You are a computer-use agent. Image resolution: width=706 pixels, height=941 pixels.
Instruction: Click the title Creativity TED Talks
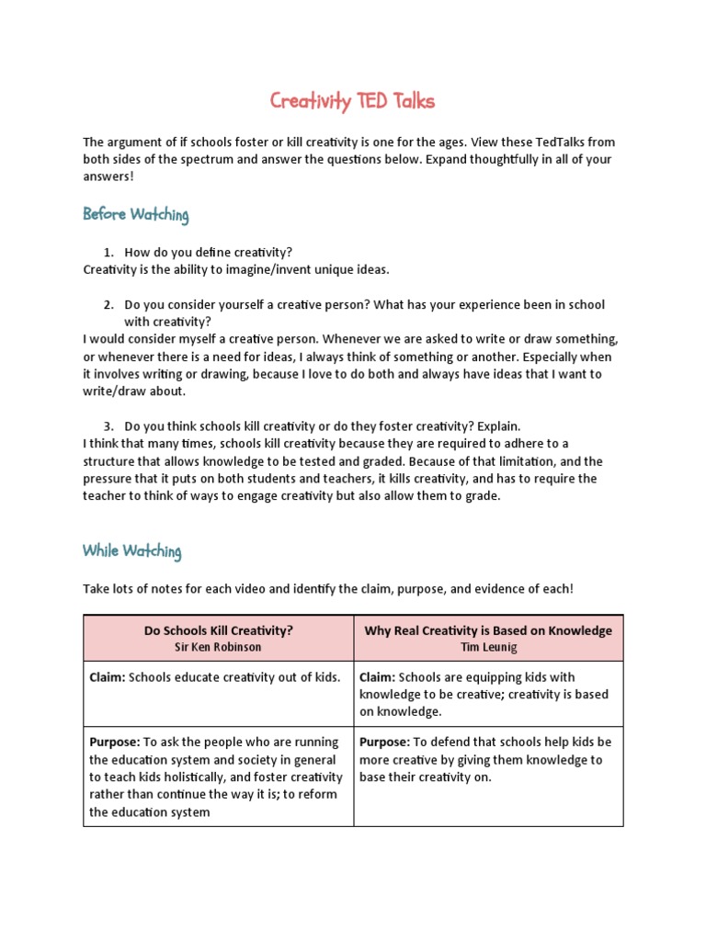pos(352,101)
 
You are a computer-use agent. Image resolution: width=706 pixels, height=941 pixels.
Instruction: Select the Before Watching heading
pos(135,215)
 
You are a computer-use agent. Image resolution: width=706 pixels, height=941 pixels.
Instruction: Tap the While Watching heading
pos(131,551)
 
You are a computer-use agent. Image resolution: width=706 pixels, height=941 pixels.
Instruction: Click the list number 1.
pos(108,252)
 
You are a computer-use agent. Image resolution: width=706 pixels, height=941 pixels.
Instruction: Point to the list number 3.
pos(108,426)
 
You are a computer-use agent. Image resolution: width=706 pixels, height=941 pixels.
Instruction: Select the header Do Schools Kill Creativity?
pos(218,630)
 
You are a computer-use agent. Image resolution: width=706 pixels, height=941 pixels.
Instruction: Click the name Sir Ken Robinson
pos(218,647)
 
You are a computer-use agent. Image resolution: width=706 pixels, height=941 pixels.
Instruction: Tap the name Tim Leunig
pos(488,647)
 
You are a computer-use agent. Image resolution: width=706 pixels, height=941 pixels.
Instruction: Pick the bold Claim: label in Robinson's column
pos(108,677)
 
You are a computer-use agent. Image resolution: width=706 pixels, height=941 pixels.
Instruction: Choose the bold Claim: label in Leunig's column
pos(378,677)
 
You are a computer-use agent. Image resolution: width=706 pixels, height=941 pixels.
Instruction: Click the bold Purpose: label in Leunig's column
pos(384,742)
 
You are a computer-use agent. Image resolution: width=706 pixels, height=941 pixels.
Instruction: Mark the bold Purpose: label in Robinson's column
pos(114,742)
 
